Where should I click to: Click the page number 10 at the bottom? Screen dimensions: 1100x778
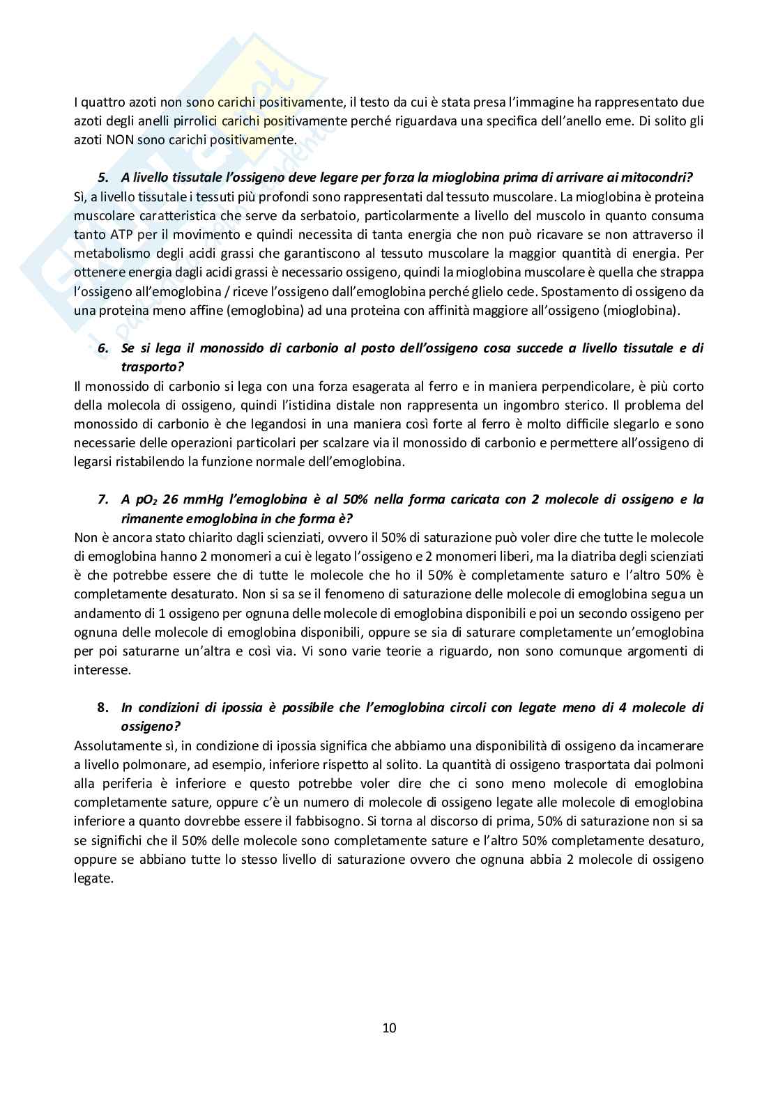[389, 1028]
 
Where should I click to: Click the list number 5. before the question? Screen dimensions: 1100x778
[102, 178]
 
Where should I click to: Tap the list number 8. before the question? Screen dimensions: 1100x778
[102, 708]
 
